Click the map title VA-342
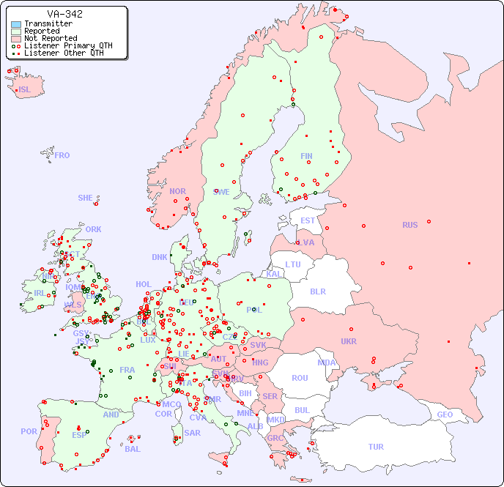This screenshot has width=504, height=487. (x=64, y=14)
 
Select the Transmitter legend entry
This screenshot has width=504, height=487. (x=48, y=23)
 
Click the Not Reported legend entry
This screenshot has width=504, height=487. (x=51, y=38)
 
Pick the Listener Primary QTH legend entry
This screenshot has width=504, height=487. (x=68, y=45)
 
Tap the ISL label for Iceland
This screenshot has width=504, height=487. (x=25, y=90)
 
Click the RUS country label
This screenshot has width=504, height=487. (x=409, y=225)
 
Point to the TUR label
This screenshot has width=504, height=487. (x=376, y=447)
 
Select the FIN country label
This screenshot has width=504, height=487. (x=306, y=156)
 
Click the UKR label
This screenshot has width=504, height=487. (x=349, y=341)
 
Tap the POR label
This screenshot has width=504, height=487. (x=29, y=431)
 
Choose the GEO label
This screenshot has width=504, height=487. (x=445, y=414)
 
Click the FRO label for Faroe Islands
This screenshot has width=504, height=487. (x=62, y=155)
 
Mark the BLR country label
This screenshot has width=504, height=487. (x=318, y=291)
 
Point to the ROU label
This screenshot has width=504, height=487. (x=300, y=378)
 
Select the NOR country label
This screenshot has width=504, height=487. (x=177, y=191)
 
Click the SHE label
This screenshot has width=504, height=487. (x=86, y=198)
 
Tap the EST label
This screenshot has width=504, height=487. (x=308, y=220)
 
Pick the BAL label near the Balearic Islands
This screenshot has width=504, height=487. (x=132, y=449)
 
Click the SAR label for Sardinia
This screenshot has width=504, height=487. (x=192, y=433)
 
